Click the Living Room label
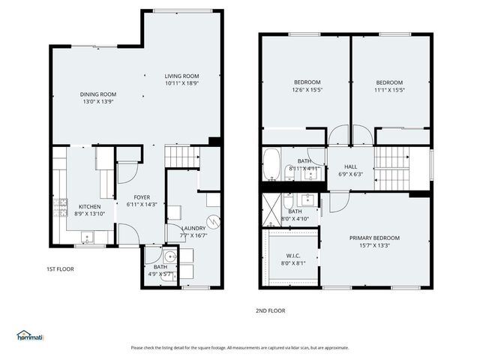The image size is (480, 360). [x=181, y=76]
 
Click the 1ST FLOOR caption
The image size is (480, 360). [x=60, y=268]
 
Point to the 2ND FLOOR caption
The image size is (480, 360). [x=271, y=310]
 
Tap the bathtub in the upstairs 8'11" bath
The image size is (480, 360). [x=271, y=163]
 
